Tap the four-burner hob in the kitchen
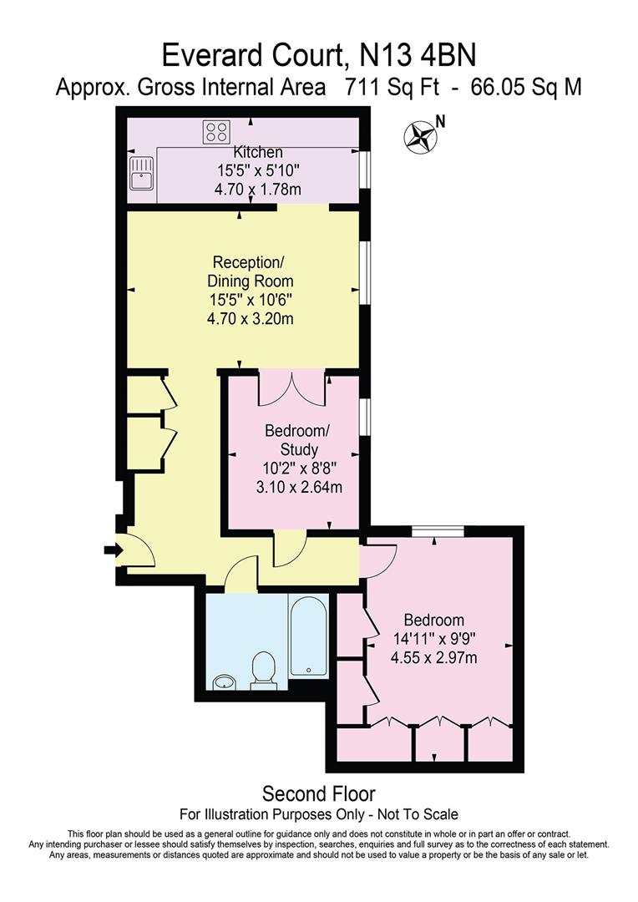tap(215, 131)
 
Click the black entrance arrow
tap(112, 550)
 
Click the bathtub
tap(311, 636)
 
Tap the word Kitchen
tap(257, 153)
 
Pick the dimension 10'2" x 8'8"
tap(297, 469)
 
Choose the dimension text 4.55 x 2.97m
tap(434, 658)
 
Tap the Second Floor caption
tap(319, 793)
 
